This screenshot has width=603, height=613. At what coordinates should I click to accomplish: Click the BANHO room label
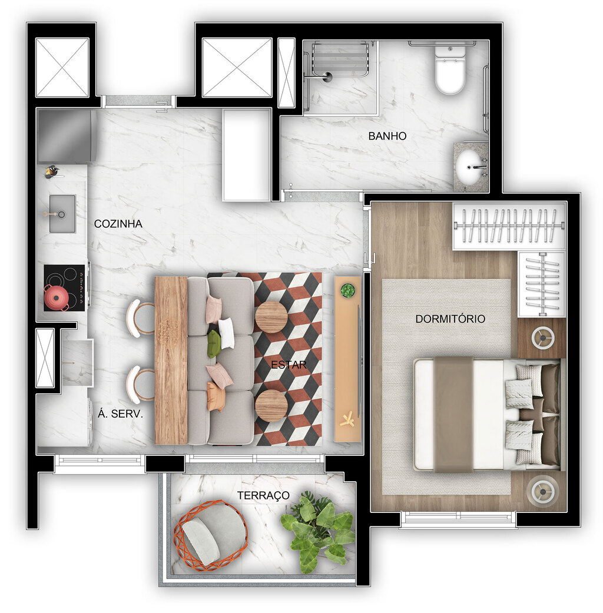click(x=387, y=136)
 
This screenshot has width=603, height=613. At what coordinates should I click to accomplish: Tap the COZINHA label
click(x=118, y=224)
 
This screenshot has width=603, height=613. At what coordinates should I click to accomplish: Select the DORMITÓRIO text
click(x=450, y=319)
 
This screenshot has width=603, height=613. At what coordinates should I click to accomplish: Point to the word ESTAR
click(x=289, y=365)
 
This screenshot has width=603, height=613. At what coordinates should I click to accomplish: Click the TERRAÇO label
click(x=263, y=495)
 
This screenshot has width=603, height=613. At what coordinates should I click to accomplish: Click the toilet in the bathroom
click(x=450, y=71)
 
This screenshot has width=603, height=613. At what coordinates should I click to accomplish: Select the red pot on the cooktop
click(x=56, y=297)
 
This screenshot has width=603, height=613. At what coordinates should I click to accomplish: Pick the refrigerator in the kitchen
click(x=66, y=136)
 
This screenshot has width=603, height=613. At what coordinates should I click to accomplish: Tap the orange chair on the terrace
click(x=210, y=535)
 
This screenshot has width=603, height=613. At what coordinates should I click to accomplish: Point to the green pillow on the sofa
click(x=213, y=344)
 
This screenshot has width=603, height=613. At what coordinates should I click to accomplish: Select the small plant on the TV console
click(x=348, y=290)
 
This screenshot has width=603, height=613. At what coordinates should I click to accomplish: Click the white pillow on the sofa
click(x=226, y=333)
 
